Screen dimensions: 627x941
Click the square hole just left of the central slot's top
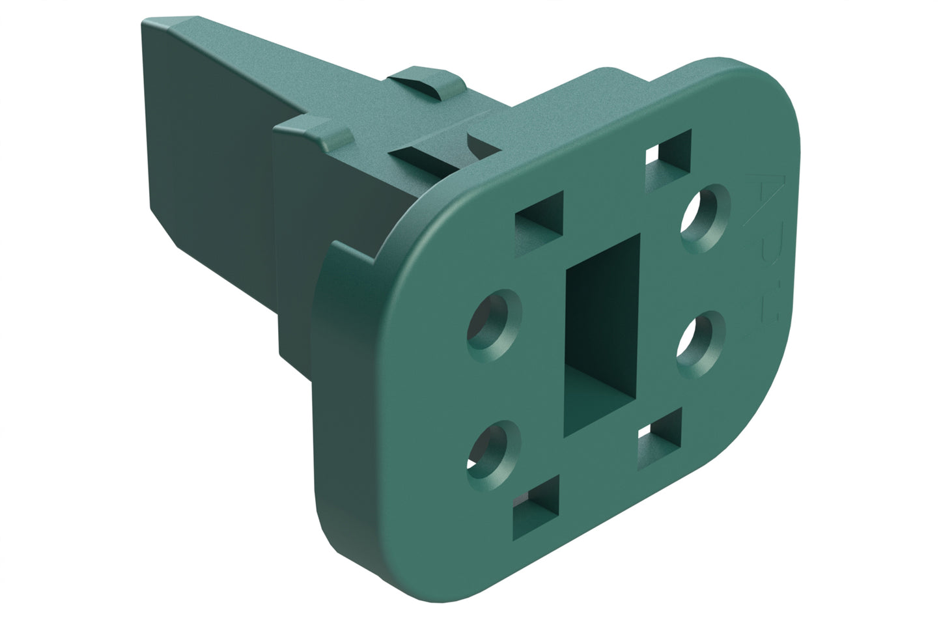point(539,223)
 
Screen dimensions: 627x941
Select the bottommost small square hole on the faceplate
point(537,507)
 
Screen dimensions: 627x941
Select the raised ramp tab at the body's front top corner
point(326,130)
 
